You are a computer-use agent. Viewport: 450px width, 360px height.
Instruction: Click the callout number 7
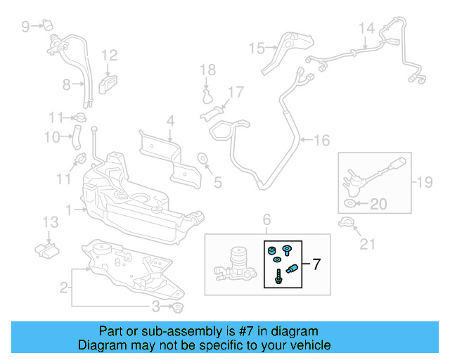[316, 265]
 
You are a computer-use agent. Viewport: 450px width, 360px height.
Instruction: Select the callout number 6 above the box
[266, 221]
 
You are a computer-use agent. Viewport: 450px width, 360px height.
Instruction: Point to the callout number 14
[366, 29]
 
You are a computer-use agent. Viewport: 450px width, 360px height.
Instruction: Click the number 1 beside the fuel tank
[69, 209]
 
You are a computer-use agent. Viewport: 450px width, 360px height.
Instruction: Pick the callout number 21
[367, 244]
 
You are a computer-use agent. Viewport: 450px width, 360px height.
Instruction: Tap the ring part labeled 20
[349, 205]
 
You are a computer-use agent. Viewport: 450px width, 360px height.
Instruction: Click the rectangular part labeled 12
[108, 84]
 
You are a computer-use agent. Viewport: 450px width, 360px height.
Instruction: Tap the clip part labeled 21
[345, 224]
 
